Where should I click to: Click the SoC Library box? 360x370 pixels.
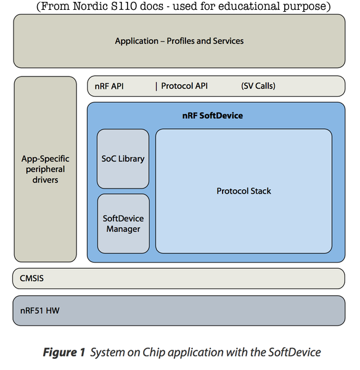point(123,158)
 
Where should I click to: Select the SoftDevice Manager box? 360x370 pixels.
point(123,223)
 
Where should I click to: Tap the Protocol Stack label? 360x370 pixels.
point(243,191)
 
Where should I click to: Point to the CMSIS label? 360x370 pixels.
point(31,278)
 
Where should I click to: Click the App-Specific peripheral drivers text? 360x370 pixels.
point(46,169)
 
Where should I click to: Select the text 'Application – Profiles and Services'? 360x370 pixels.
point(179,41)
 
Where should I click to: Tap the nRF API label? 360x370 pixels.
point(110,86)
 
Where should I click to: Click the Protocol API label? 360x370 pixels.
point(184,86)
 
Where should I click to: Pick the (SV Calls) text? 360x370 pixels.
point(258,86)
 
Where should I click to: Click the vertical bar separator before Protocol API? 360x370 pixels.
point(157,86)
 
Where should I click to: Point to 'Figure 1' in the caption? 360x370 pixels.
point(63,352)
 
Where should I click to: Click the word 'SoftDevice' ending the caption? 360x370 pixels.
point(295,352)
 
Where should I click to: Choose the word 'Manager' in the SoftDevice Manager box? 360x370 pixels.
point(123,229)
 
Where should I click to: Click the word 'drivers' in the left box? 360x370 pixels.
point(46,179)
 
